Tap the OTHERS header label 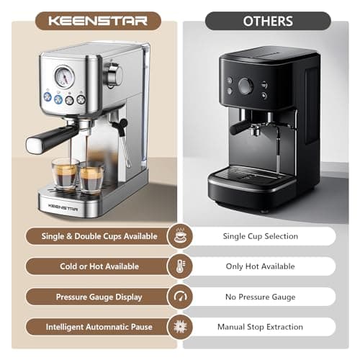[x=269, y=20]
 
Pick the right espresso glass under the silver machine [x=92, y=176]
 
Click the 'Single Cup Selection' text [x=260, y=236]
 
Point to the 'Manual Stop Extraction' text [x=260, y=327]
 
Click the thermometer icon [x=179, y=266]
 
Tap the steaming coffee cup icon [x=179, y=235]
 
